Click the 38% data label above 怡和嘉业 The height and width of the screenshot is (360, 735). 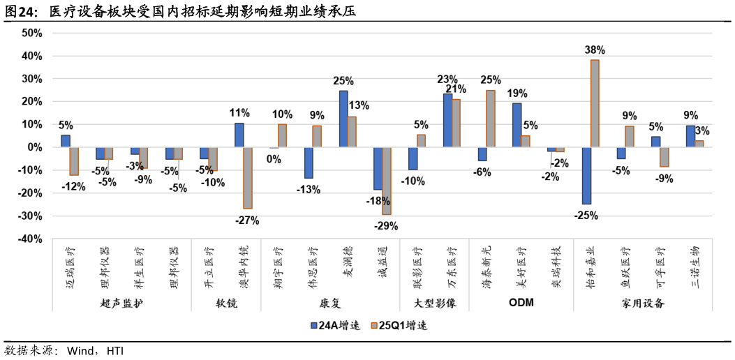(595, 50)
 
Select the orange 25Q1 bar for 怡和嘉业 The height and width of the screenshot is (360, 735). (595, 103)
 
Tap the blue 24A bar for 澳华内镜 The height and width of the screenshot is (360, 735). (239, 135)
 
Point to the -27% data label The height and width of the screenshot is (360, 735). (247, 220)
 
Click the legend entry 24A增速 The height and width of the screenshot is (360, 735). (334, 325)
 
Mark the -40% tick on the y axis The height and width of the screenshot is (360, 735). (31, 239)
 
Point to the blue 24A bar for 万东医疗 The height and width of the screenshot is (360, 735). (447, 120)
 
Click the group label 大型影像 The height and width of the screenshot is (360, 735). (434, 303)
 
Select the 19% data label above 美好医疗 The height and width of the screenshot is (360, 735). (517, 93)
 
